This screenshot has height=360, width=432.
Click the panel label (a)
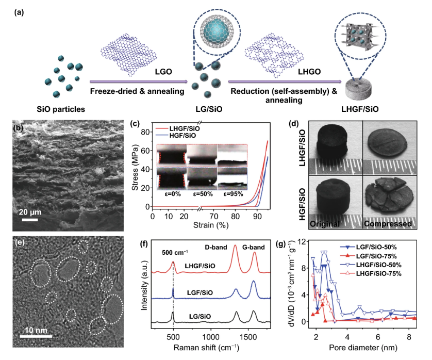(x=19, y=12)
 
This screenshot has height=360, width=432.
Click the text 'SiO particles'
(x=61, y=109)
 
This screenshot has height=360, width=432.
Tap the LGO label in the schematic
(x=163, y=72)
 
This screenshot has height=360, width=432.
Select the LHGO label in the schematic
(x=309, y=72)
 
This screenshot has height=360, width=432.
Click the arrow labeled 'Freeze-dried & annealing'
(x=139, y=81)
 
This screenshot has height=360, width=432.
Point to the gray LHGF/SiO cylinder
(x=358, y=89)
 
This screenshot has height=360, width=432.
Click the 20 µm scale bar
(x=30, y=220)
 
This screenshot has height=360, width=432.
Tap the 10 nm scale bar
(x=36, y=336)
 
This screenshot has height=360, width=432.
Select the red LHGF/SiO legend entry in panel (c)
(x=178, y=128)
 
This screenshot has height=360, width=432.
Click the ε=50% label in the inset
(x=203, y=194)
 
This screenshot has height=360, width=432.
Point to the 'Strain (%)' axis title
(x=211, y=225)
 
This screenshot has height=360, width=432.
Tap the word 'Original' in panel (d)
(x=325, y=224)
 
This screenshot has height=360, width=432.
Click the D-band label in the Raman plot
(x=215, y=247)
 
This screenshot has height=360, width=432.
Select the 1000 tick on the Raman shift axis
(x=211, y=337)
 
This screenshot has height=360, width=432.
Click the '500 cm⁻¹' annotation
(x=175, y=253)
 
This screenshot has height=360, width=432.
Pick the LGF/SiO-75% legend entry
(x=369, y=256)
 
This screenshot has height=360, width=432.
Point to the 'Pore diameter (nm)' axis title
(x=363, y=348)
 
